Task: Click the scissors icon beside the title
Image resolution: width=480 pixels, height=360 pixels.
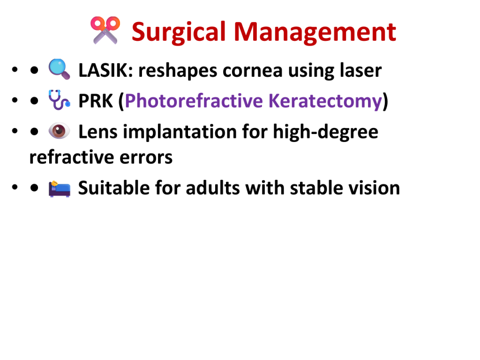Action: (x=105, y=30)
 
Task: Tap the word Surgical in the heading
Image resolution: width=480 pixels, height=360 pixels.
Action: (x=179, y=32)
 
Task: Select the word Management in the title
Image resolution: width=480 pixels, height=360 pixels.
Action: (x=315, y=32)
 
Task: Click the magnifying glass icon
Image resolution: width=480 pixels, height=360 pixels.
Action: (x=60, y=69)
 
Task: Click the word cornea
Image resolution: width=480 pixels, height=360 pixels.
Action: (x=252, y=71)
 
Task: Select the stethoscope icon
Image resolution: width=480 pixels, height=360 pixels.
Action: (x=60, y=100)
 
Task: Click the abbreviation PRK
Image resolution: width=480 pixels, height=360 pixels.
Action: (x=96, y=101)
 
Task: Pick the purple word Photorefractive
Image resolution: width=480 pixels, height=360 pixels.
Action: (x=194, y=101)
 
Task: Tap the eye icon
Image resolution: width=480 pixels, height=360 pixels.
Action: (x=60, y=131)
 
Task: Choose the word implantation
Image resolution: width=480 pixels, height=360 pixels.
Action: (x=180, y=132)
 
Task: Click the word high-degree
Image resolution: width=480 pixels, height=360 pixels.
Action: (x=326, y=132)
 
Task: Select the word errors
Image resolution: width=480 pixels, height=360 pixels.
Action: (x=146, y=157)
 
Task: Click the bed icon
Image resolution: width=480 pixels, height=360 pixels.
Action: (x=60, y=188)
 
